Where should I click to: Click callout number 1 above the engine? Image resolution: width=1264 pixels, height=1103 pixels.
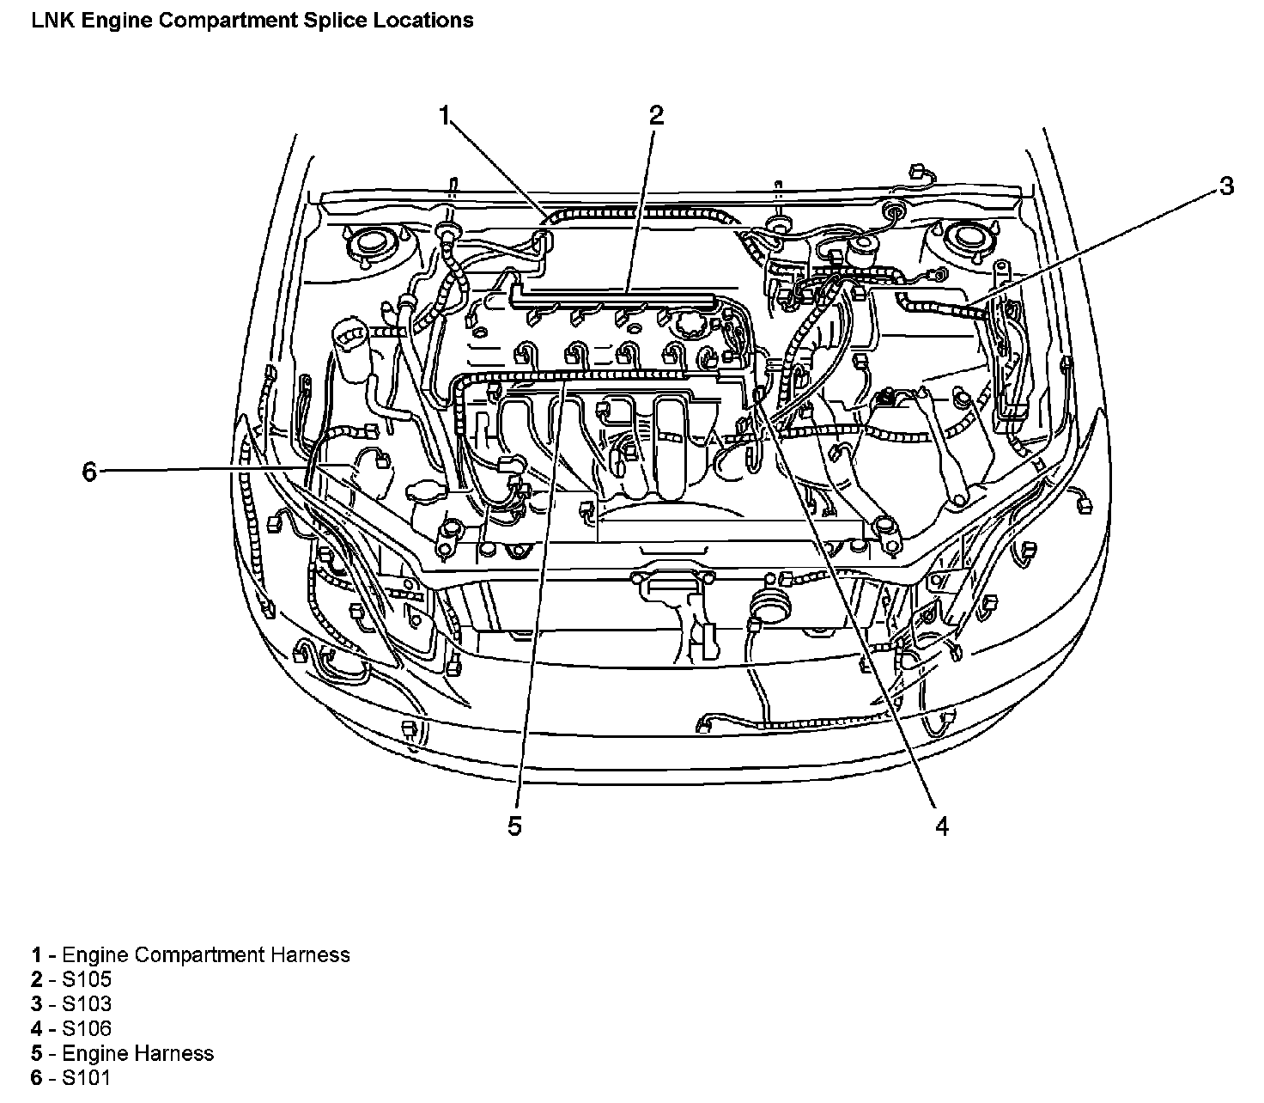tap(445, 115)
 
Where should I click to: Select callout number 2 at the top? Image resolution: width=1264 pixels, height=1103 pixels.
tap(656, 115)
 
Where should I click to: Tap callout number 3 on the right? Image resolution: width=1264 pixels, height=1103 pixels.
tap(1227, 186)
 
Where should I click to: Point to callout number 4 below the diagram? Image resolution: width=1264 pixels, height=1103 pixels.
tap(942, 826)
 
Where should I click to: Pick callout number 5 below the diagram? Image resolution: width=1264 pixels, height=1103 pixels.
tap(514, 826)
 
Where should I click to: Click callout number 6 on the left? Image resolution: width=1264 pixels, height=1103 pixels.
tap(89, 472)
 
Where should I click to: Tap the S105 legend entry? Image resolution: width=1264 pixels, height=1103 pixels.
tap(87, 979)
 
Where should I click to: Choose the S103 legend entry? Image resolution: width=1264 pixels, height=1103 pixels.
tap(87, 1004)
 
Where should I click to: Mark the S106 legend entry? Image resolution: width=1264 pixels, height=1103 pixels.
tap(87, 1029)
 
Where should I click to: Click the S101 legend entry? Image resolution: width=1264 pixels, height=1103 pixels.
tap(87, 1079)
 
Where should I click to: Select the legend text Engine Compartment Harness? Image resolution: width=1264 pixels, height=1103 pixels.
tap(206, 954)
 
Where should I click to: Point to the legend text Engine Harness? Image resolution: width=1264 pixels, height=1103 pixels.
tap(138, 1054)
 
